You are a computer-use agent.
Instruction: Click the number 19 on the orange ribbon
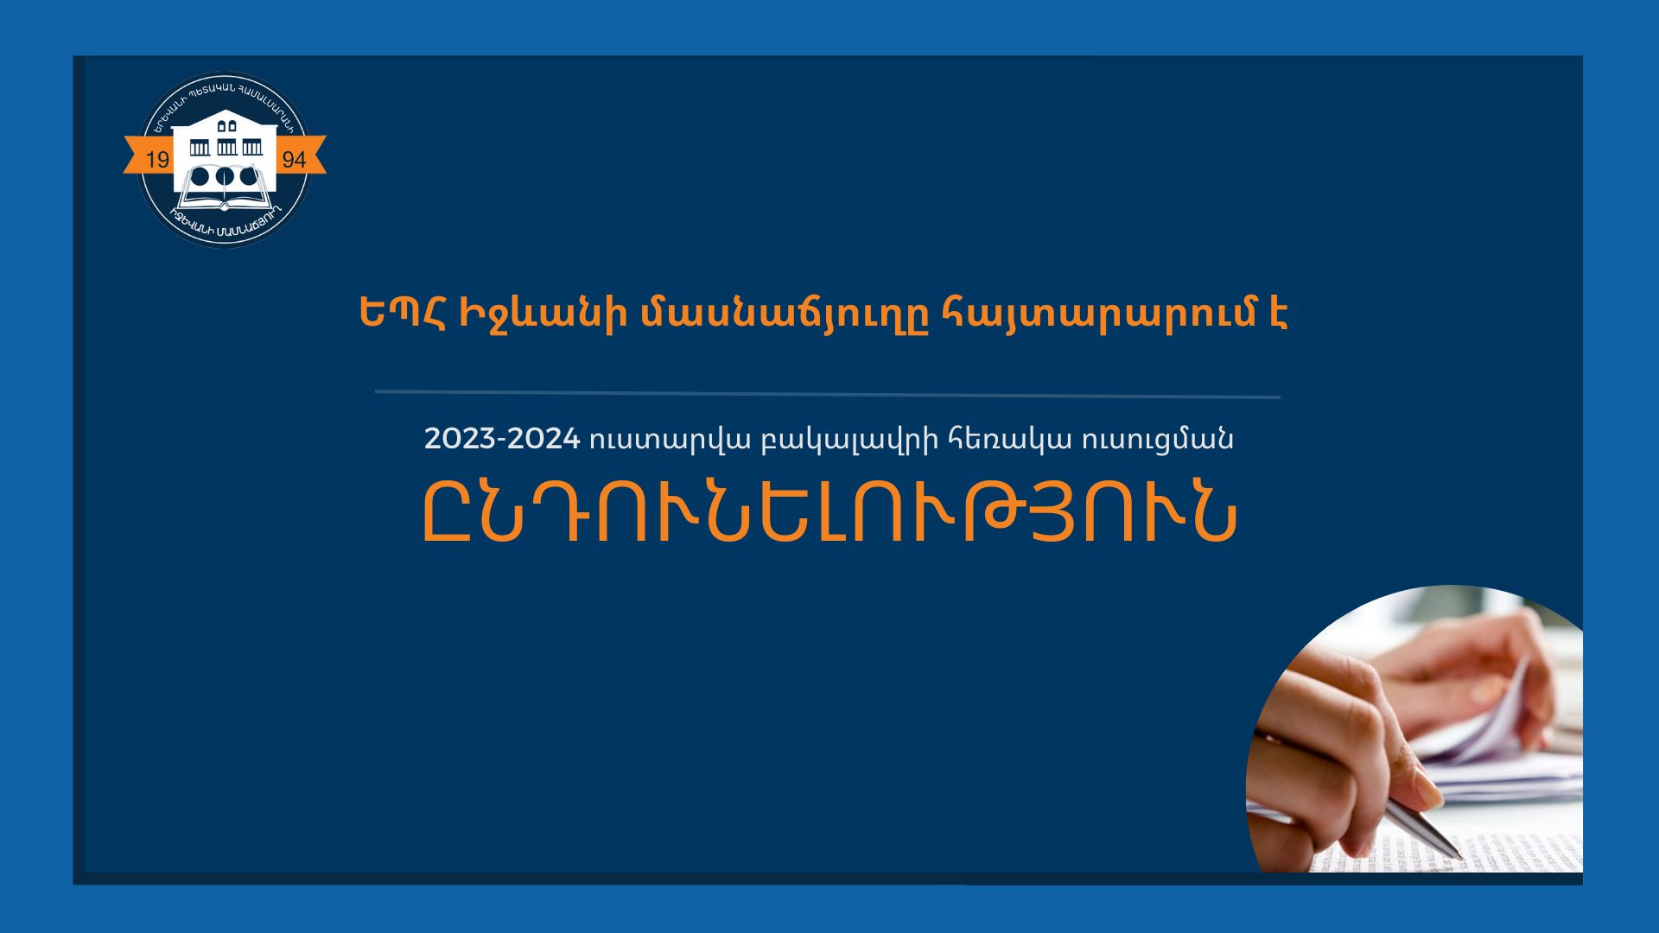(x=158, y=160)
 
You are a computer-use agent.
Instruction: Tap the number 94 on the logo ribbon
(x=294, y=160)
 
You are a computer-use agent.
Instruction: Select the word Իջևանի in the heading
(x=542, y=314)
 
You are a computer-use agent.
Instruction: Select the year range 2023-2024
(x=501, y=439)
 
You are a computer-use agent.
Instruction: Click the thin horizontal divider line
(x=828, y=394)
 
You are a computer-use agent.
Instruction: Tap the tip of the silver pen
(x=1459, y=858)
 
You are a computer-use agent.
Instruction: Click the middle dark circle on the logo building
(x=225, y=177)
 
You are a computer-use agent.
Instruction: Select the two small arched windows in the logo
(x=226, y=126)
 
